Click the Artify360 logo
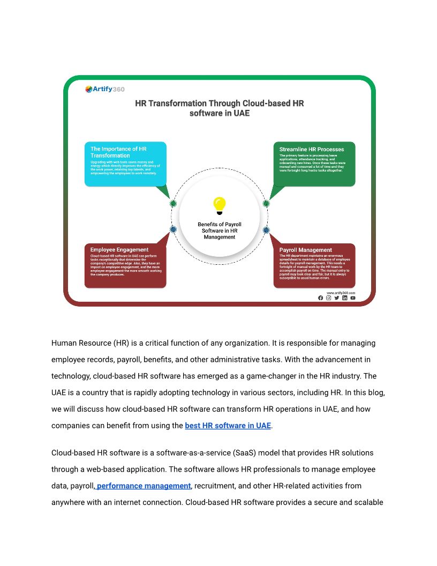[105, 90]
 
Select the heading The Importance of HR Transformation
[118, 152]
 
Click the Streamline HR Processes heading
[312, 149]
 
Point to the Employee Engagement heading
[119, 250]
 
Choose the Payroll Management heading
[305, 250]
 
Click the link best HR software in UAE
[228, 426]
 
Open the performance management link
[144, 486]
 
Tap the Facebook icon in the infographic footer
[321, 298]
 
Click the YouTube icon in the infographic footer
[353, 298]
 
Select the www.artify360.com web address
[341, 293]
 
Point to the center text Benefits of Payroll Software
[219, 230]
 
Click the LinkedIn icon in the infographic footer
[345, 298]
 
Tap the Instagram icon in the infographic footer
[329, 298]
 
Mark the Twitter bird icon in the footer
[337, 298]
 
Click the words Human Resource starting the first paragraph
[81, 343]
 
